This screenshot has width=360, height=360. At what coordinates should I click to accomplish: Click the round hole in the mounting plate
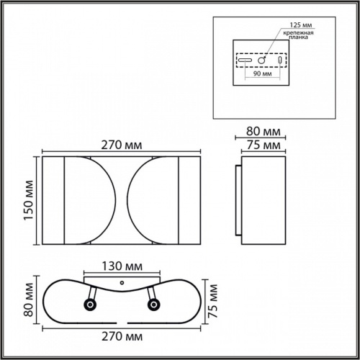263,61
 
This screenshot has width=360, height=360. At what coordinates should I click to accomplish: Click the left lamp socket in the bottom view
90,305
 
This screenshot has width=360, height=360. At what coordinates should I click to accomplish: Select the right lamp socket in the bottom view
153,305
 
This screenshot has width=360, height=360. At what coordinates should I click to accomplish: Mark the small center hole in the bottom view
122,283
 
